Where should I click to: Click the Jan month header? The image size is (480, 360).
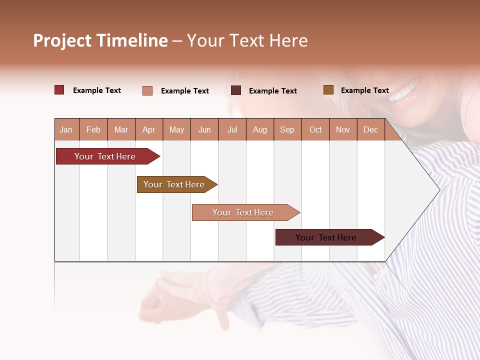pyautogui.click(x=66, y=130)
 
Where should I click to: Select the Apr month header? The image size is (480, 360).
pyautogui.click(x=148, y=130)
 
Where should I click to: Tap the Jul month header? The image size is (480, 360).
pyautogui.click(x=232, y=130)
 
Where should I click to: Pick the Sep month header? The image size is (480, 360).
pyautogui.click(x=287, y=130)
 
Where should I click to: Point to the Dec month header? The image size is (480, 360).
pyautogui.click(x=370, y=130)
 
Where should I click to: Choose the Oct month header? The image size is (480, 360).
pyautogui.click(x=315, y=130)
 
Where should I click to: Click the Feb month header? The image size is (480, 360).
pyautogui.click(x=93, y=130)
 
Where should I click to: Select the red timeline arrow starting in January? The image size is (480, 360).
pyautogui.click(x=105, y=156)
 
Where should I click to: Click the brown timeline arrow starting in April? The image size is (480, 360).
pyautogui.click(x=174, y=184)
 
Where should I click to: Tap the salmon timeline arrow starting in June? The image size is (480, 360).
pyautogui.click(x=243, y=212)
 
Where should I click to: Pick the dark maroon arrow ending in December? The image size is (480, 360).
pyautogui.click(x=326, y=237)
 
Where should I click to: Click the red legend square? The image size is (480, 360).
pyautogui.click(x=59, y=90)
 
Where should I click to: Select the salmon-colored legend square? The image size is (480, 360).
pyautogui.click(x=147, y=90)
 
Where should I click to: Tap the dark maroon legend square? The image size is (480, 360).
pyautogui.click(x=236, y=90)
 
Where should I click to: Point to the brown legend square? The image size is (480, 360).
pyautogui.click(x=328, y=90)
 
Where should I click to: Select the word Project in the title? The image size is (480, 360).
pyautogui.click(x=62, y=40)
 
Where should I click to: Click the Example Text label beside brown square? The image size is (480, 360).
pyautogui.click(x=364, y=90)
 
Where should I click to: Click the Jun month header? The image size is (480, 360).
pyautogui.click(x=204, y=130)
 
